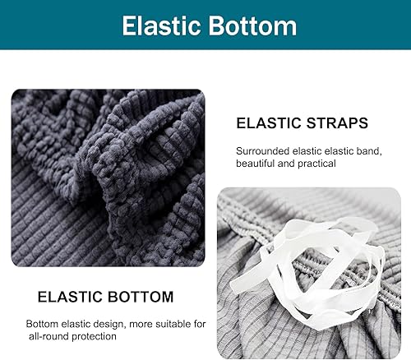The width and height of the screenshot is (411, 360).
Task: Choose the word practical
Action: click(x=316, y=164)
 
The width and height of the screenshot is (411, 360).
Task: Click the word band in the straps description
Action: click(x=385, y=151)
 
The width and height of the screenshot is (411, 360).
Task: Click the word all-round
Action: click(x=49, y=336)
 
